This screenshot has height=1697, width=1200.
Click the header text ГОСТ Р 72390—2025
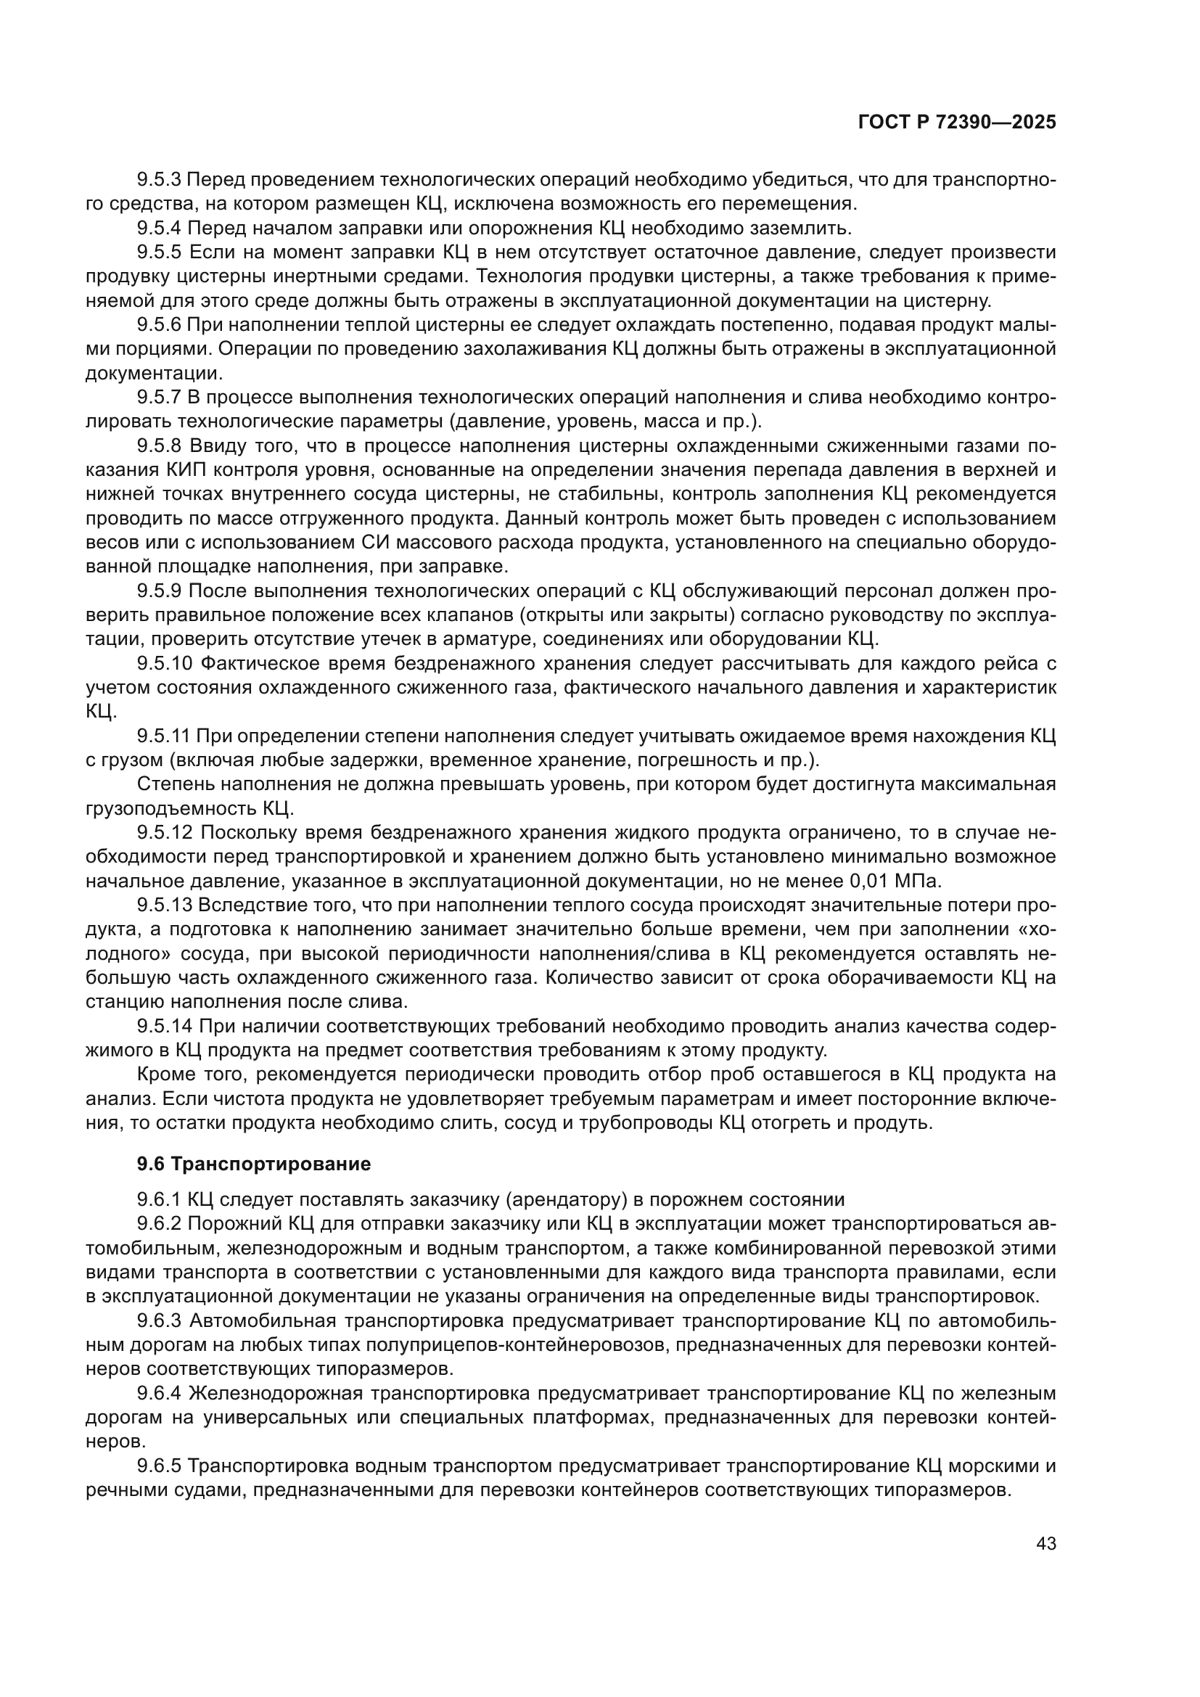[x=957, y=123]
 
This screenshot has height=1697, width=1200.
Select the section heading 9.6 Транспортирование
[x=253, y=1164]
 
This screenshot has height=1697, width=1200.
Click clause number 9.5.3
[x=159, y=180]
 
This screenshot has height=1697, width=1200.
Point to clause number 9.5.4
[x=159, y=228]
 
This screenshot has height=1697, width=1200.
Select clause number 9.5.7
[x=159, y=398]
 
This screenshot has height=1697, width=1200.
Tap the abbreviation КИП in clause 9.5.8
[x=185, y=470]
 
